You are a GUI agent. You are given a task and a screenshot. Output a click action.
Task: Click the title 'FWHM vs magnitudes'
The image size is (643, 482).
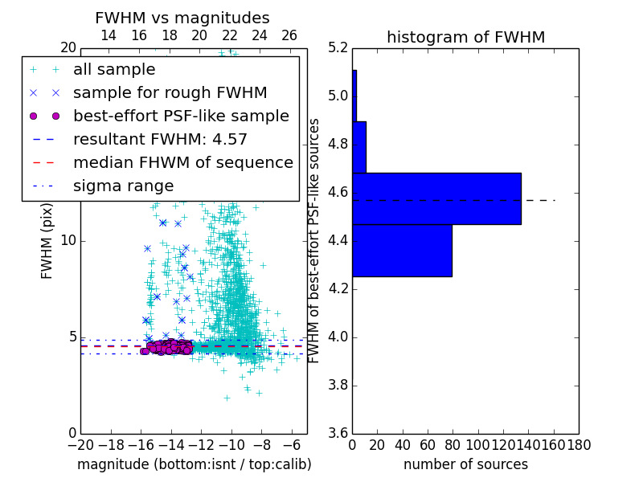pyautogui.click(x=182, y=18)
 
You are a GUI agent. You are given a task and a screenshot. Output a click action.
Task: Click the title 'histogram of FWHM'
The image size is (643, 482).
pyautogui.click(x=465, y=37)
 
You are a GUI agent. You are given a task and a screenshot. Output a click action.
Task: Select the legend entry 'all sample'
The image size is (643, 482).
pyautogui.click(x=114, y=69)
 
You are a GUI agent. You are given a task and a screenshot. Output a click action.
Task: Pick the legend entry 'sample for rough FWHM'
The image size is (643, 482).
pyautogui.click(x=170, y=92)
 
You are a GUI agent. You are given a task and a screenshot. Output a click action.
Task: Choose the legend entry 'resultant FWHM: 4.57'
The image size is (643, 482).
pyautogui.click(x=160, y=139)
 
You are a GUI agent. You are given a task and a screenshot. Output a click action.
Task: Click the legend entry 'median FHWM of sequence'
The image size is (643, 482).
pyautogui.click(x=182, y=162)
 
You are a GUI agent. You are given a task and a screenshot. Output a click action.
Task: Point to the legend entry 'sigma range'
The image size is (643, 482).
pyautogui.click(x=123, y=186)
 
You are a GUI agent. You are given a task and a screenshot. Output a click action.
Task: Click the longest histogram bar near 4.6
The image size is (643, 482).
pyautogui.click(x=436, y=198)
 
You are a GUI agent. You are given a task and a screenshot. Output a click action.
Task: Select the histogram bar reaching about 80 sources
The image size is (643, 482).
pyautogui.click(x=402, y=250)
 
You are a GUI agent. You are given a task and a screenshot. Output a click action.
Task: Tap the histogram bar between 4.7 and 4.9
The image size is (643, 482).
pyautogui.click(x=359, y=147)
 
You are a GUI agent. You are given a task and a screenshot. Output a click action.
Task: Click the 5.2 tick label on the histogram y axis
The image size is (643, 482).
pyautogui.click(x=338, y=48)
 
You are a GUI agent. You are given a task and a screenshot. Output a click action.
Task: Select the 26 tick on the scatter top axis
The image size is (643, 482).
pyautogui.click(x=289, y=35)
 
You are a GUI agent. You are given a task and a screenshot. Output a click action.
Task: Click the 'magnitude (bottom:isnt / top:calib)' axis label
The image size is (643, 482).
pyautogui.click(x=194, y=464)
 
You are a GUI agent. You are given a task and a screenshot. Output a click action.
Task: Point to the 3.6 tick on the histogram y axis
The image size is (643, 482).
pyautogui.click(x=338, y=433)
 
